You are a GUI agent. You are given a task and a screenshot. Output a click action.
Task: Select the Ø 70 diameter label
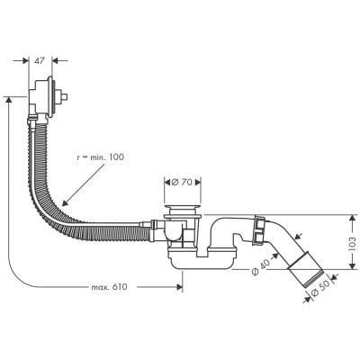click(184, 182)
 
